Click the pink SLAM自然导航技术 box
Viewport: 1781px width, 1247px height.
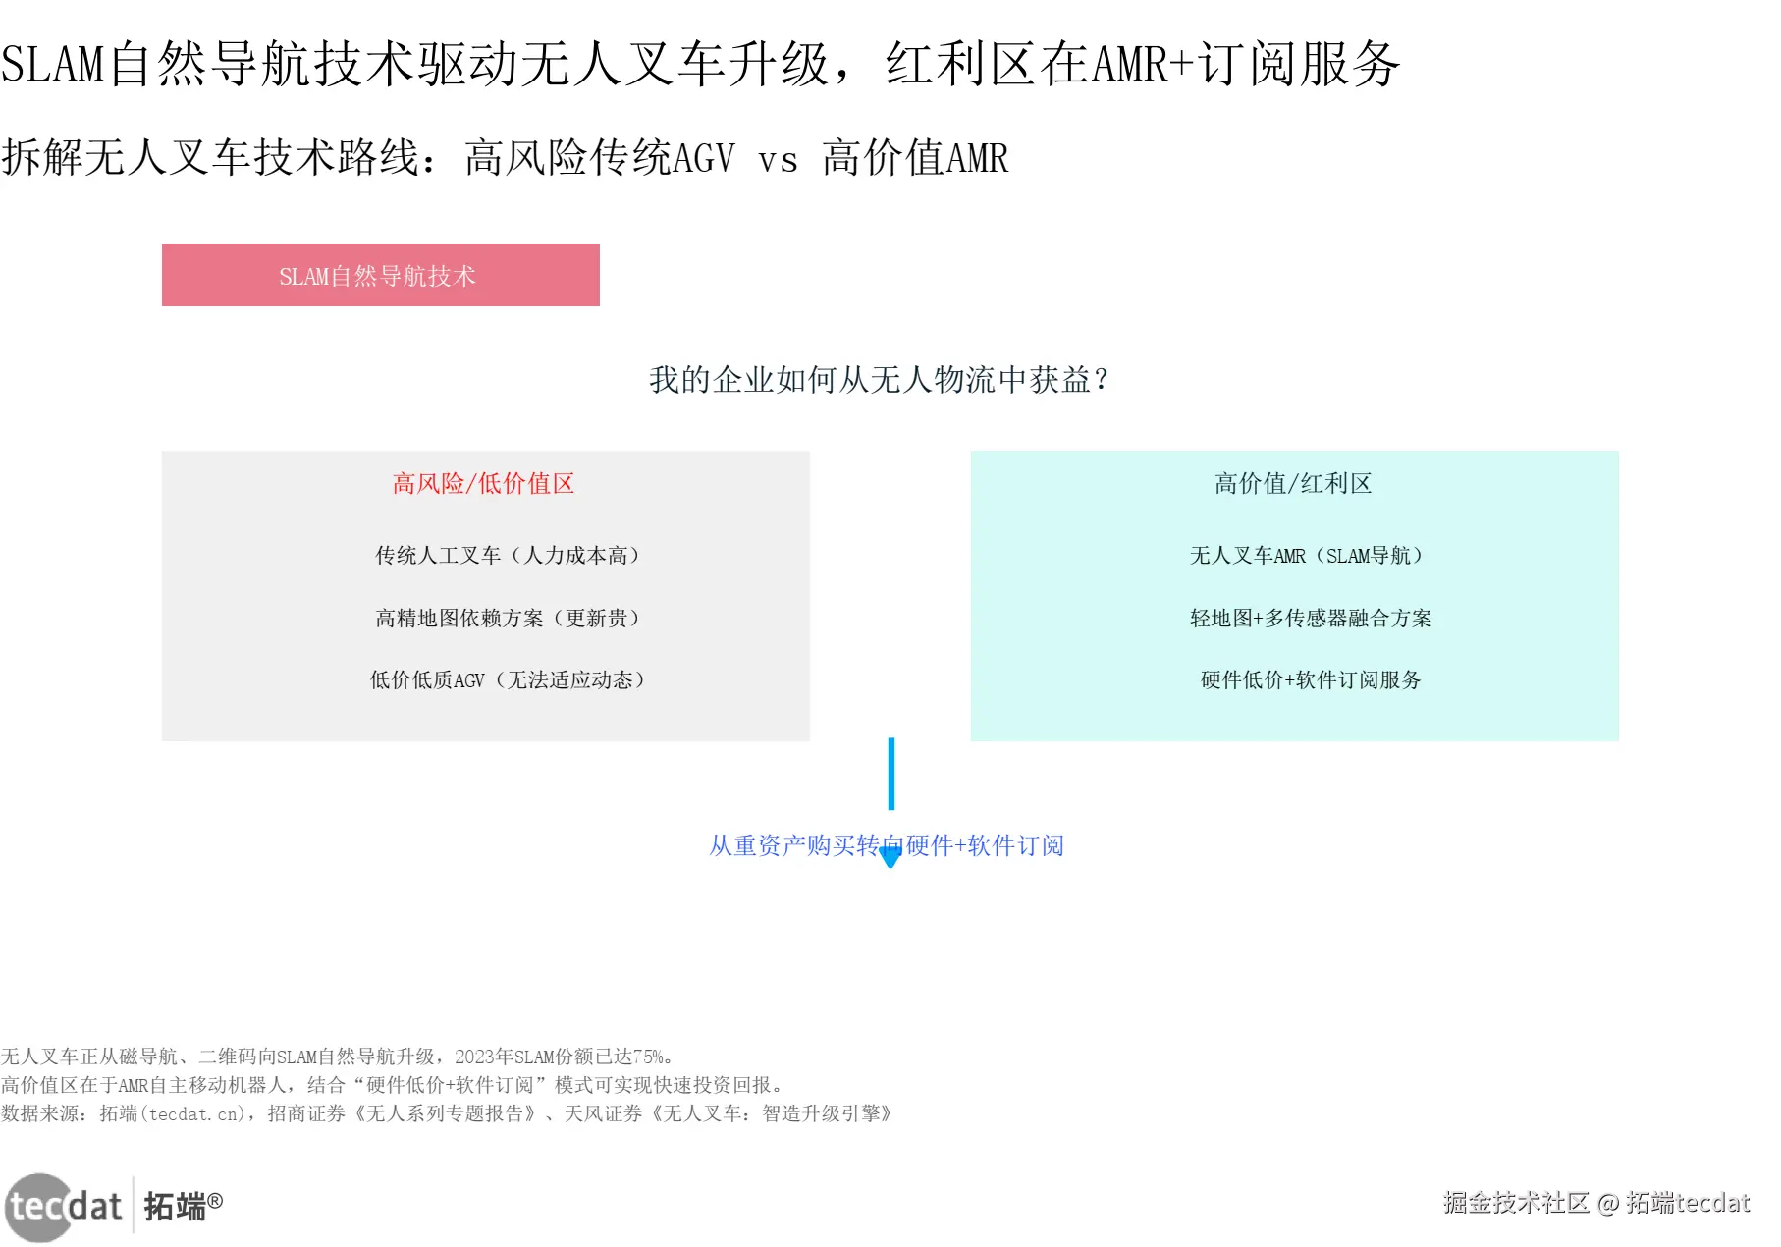pyautogui.click(x=380, y=275)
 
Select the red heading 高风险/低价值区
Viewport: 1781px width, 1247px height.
pyautogui.click(x=483, y=483)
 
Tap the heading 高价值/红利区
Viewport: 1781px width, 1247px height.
pyautogui.click(x=1292, y=483)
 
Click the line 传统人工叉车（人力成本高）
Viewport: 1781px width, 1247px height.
pyautogui.click(x=507, y=556)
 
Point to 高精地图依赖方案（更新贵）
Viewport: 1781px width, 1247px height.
pyautogui.click(x=507, y=618)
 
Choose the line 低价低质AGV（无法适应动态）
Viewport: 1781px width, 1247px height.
pyautogui.click(x=507, y=679)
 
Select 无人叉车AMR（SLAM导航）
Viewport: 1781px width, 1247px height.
pyautogui.click(x=1306, y=556)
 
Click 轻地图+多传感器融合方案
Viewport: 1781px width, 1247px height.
pyautogui.click(x=1310, y=618)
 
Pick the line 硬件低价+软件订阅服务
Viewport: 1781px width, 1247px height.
pyautogui.click(x=1310, y=679)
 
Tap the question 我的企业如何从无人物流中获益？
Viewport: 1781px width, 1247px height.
pyautogui.click(x=879, y=380)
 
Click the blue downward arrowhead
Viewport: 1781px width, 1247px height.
pyautogui.click(x=890, y=858)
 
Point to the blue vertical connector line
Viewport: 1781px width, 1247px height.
pyautogui.click(x=890, y=774)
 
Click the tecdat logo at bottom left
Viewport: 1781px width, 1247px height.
pyautogui.click(x=65, y=1206)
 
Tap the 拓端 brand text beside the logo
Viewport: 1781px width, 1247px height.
pyautogui.click(x=176, y=1206)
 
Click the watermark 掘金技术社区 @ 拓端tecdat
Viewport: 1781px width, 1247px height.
pyautogui.click(x=1595, y=1203)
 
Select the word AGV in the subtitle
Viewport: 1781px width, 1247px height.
pyautogui.click(x=703, y=158)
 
